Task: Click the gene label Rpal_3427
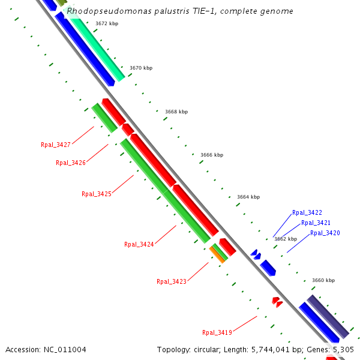pyautogui.click(x=56, y=145)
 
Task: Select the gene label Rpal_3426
pyautogui.click(x=71, y=163)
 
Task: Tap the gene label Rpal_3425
pyautogui.click(x=97, y=194)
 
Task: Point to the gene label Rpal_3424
pyautogui.click(x=139, y=244)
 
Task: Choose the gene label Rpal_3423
pyautogui.click(x=172, y=281)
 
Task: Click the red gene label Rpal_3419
pyautogui.click(x=217, y=332)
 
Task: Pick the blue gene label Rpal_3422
pyautogui.click(x=307, y=212)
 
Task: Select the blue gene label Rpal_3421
pyautogui.click(x=316, y=223)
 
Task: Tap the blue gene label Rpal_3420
pyautogui.click(x=325, y=233)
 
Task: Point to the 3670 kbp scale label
pyautogui.click(x=141, y=68)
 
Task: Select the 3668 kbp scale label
pyautogui.click(x=176, y=112)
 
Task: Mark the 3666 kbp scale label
pyautogui.click(x=212, y=155)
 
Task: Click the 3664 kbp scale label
pyautogui.click(x=248, y=197)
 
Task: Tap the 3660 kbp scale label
pyautogui.click(x=323, y=280)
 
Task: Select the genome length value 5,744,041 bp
pyautogui.click(x=269, y=349)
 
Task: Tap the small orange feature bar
pyautogui.click(x=218, y=254)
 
